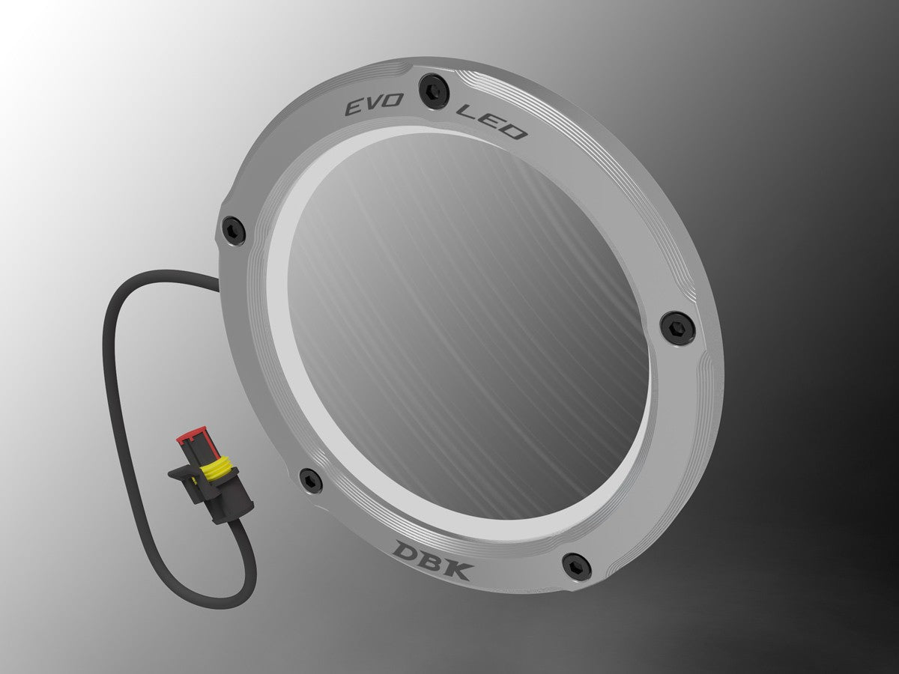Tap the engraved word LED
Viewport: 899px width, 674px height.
(491, 122)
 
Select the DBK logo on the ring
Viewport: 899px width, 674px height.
(434, 559)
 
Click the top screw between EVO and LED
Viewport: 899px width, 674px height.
(434, 91)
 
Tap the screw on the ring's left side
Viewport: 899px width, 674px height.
(234, 231)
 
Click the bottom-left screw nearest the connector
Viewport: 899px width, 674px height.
(311, 480)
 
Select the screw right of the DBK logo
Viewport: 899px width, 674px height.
(577, 566)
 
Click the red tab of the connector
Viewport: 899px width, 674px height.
(191, 434)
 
